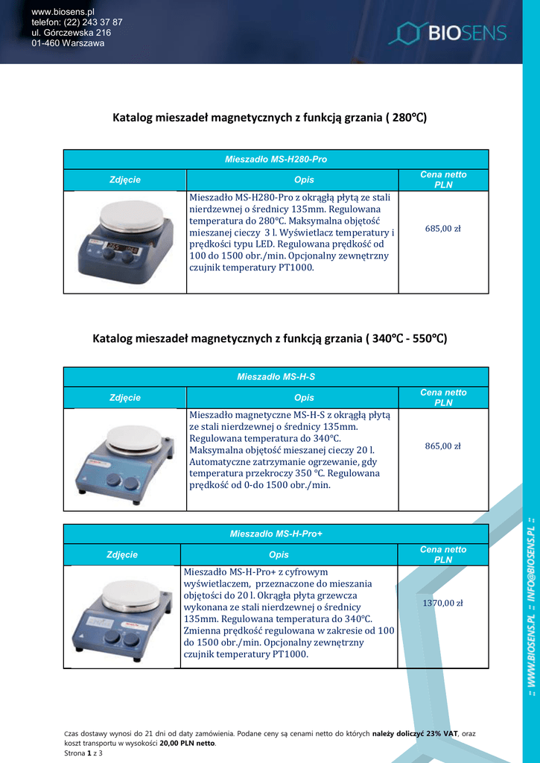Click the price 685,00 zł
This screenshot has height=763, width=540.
442,229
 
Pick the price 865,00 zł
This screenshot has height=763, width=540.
442,446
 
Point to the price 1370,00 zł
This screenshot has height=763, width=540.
442,604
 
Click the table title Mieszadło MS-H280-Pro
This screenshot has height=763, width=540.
276,159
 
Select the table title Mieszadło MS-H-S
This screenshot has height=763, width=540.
276,377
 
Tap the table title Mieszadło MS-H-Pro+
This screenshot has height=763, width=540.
276,534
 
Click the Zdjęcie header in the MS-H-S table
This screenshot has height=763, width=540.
125,398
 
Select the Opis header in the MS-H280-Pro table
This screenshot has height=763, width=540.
304,180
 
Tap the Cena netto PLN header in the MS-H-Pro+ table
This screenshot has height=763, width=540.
442,554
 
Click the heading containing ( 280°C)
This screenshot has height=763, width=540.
269,118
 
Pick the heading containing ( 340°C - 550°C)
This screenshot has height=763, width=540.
269,339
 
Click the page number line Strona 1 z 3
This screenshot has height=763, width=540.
83,753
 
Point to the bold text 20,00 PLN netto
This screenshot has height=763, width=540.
187,743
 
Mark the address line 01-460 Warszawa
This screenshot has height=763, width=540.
68,43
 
